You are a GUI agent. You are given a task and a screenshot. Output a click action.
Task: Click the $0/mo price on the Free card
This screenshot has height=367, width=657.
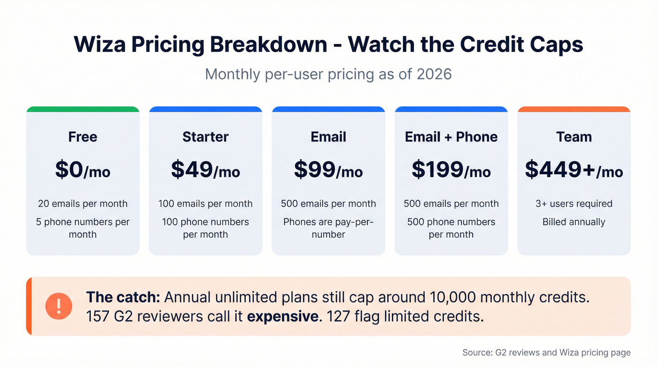pos(83,170)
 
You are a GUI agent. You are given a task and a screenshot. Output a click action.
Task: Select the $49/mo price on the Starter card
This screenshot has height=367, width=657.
pos(206,170)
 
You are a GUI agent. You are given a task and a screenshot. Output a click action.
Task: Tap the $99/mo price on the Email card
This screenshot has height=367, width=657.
pos(328,170)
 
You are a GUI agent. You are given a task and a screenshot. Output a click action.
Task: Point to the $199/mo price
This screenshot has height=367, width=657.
pos(451,170)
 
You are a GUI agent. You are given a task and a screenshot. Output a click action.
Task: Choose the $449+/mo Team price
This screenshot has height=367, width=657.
pos(573,170)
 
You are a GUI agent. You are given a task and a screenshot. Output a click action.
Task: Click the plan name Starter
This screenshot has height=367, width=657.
pos(206,137)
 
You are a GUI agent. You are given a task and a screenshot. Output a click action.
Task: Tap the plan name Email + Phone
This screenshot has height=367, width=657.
pos(451,137)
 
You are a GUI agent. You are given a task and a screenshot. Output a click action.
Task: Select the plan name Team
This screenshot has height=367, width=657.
pos(574,137)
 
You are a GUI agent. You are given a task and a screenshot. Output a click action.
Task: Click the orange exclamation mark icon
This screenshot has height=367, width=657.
pos(59,306)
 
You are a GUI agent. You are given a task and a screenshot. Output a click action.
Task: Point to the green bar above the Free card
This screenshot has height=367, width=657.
pos(83,109)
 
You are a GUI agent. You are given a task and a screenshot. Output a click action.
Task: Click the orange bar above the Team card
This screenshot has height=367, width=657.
pos(574,109)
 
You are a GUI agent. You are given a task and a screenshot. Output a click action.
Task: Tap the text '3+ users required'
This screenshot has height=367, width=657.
pos(574,203)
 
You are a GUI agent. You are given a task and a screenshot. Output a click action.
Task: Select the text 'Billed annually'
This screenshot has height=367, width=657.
pos(574,222)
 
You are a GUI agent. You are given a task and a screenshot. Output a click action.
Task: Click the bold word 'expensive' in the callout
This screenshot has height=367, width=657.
pos(283,316)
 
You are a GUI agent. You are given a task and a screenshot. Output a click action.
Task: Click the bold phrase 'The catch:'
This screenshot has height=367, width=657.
pos(123,297)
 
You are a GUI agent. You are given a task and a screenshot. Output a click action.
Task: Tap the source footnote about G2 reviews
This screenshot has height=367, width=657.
pos(546,352)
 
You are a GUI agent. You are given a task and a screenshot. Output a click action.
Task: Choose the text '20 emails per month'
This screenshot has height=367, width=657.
pos(83,203)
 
